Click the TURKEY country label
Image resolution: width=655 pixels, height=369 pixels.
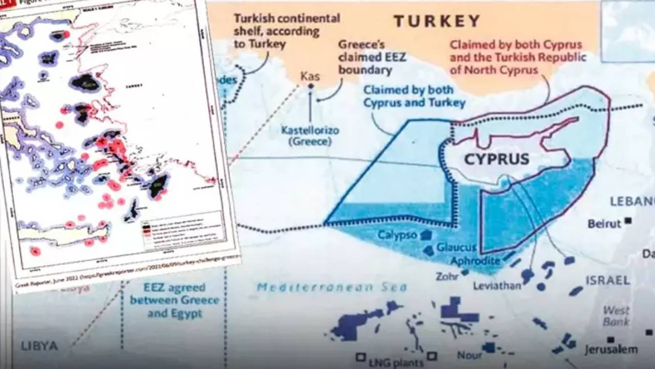[x=436, y=21]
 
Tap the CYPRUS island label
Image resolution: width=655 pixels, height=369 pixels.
[x=496, y=159]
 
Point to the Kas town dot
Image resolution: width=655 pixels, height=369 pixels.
[x=310, y=86]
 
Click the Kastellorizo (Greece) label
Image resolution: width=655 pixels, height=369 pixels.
[x=310, y=136]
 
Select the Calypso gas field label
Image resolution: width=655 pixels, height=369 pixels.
[x=398, y=235]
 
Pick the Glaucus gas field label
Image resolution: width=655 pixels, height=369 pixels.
[x=456, y=248]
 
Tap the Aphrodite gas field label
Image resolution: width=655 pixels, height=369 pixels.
[x=475, y=261]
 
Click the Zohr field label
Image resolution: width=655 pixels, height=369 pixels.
[x=447, y=276]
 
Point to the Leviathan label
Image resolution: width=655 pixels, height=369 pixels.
[x=497, y=286]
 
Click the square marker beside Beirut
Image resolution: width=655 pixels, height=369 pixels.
[x=628, y=221]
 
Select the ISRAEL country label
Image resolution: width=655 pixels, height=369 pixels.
[x=608, y=280]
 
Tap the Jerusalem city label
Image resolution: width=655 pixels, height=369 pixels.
[x=612, y=350]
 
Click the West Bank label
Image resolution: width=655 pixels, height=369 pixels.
[x=616, y=316]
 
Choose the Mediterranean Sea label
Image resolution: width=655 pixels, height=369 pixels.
[x=332, y=288]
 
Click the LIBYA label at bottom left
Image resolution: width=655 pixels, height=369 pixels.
[x=39, y=346]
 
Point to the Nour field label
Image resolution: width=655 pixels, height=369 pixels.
[x=470, y=355]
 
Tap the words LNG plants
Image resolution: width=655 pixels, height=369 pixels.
[x=396, y=362]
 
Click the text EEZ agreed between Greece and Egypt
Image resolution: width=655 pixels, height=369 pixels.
[x=174, y=300]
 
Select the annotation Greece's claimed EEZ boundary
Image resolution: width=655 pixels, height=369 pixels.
[x=372, y=56]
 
